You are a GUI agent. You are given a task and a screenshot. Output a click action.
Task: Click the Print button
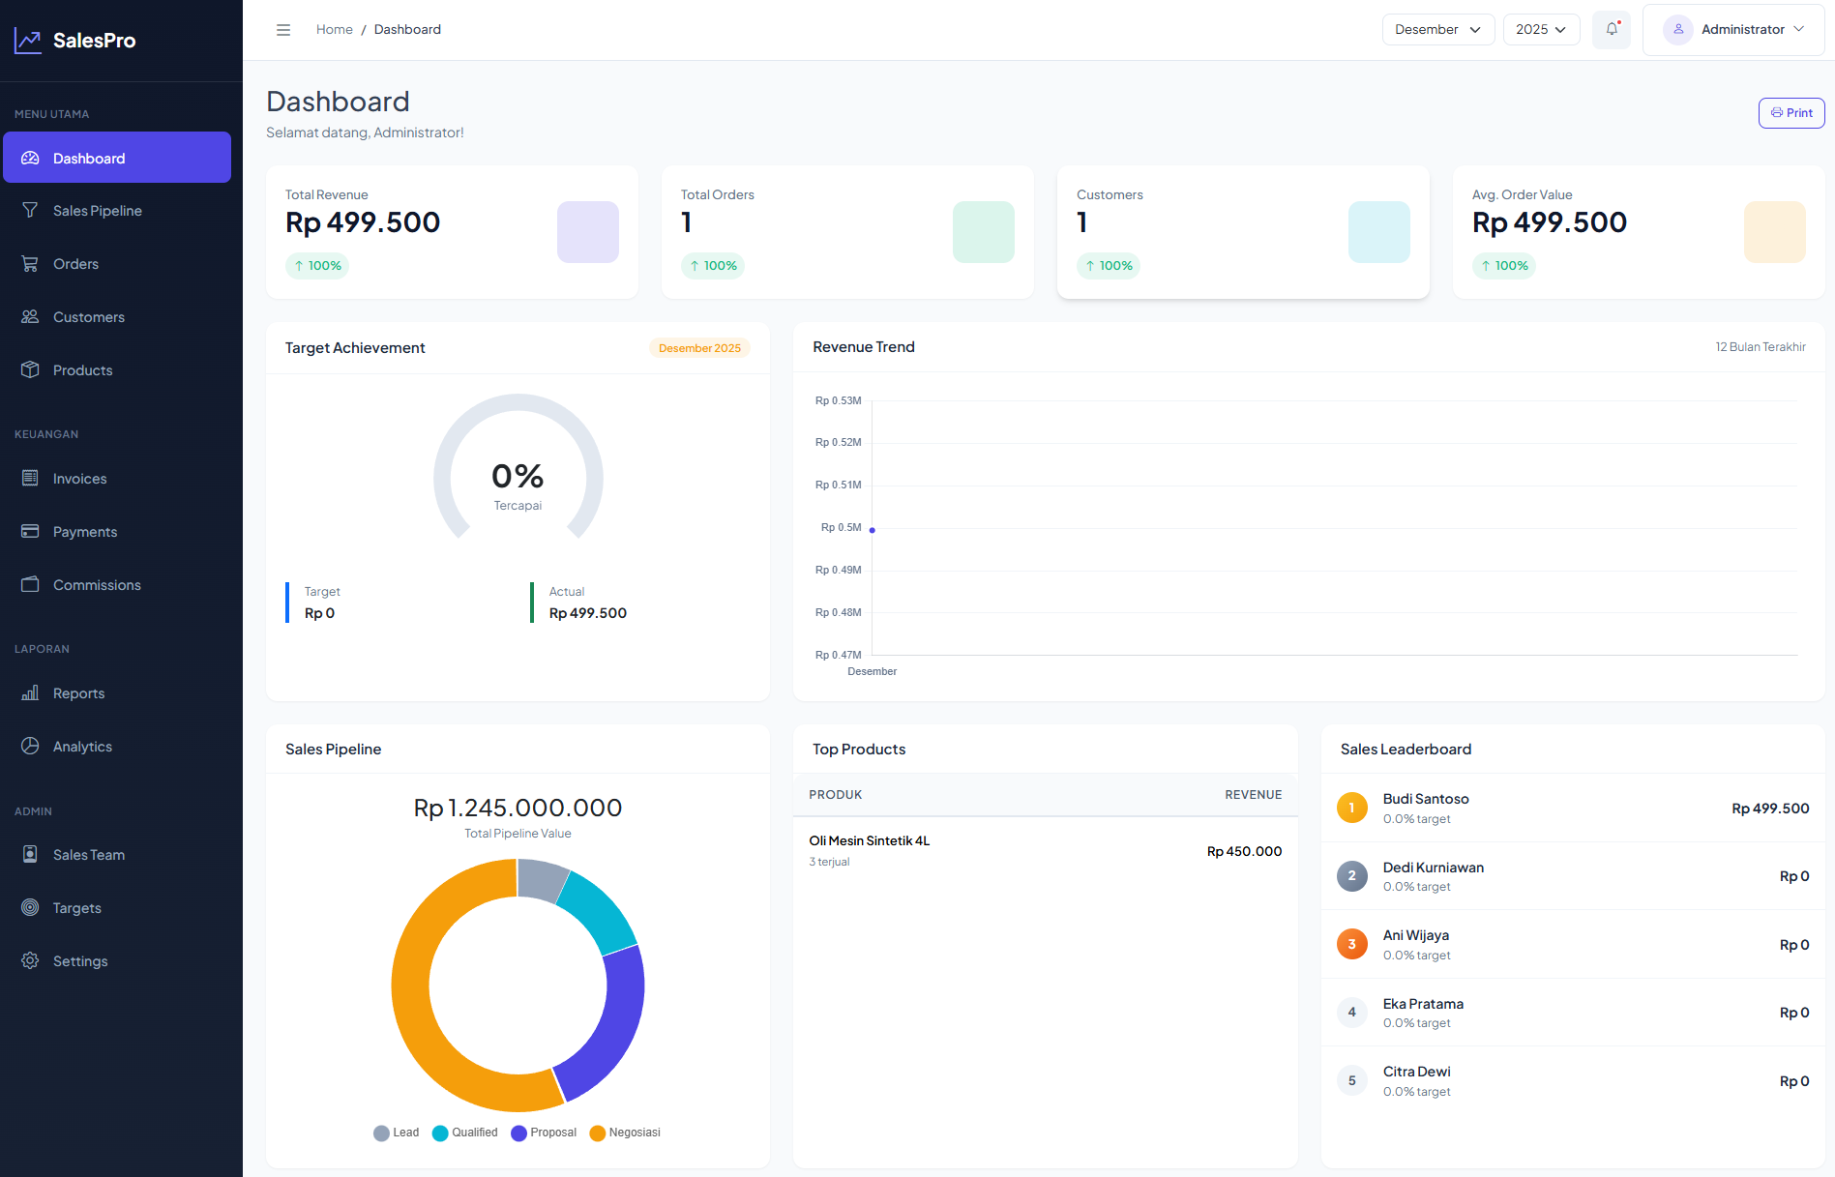[1791, 113]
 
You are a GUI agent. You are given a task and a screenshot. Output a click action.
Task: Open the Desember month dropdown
[1437, 29]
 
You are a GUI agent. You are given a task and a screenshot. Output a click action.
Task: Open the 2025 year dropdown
[1540, 29]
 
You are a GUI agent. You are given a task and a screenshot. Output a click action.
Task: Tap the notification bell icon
[1612, 29]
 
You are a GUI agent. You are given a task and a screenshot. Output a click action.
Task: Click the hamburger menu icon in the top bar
[283, 30]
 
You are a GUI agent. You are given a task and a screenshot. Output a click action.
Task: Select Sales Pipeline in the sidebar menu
[97, 211]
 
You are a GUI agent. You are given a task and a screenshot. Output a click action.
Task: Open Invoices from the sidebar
[79, 479]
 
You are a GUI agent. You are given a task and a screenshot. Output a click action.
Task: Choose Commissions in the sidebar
[97, 585]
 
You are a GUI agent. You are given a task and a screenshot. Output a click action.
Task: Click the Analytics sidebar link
[82, 747]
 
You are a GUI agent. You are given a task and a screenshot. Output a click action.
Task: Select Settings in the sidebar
[80, 961]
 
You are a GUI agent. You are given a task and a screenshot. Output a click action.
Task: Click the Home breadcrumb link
[334, 30]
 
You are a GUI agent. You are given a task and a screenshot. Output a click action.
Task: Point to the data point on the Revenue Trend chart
[873, 530]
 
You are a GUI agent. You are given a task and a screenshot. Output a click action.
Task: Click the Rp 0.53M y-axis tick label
[838, 400]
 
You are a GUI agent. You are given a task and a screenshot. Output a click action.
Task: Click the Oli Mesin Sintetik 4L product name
[869, 840]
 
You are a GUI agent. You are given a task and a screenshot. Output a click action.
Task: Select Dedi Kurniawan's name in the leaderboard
[1433, 868]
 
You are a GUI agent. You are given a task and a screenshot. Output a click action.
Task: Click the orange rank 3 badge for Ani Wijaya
[1351, 944]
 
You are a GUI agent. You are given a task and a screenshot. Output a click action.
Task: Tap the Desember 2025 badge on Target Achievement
[699, 348]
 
